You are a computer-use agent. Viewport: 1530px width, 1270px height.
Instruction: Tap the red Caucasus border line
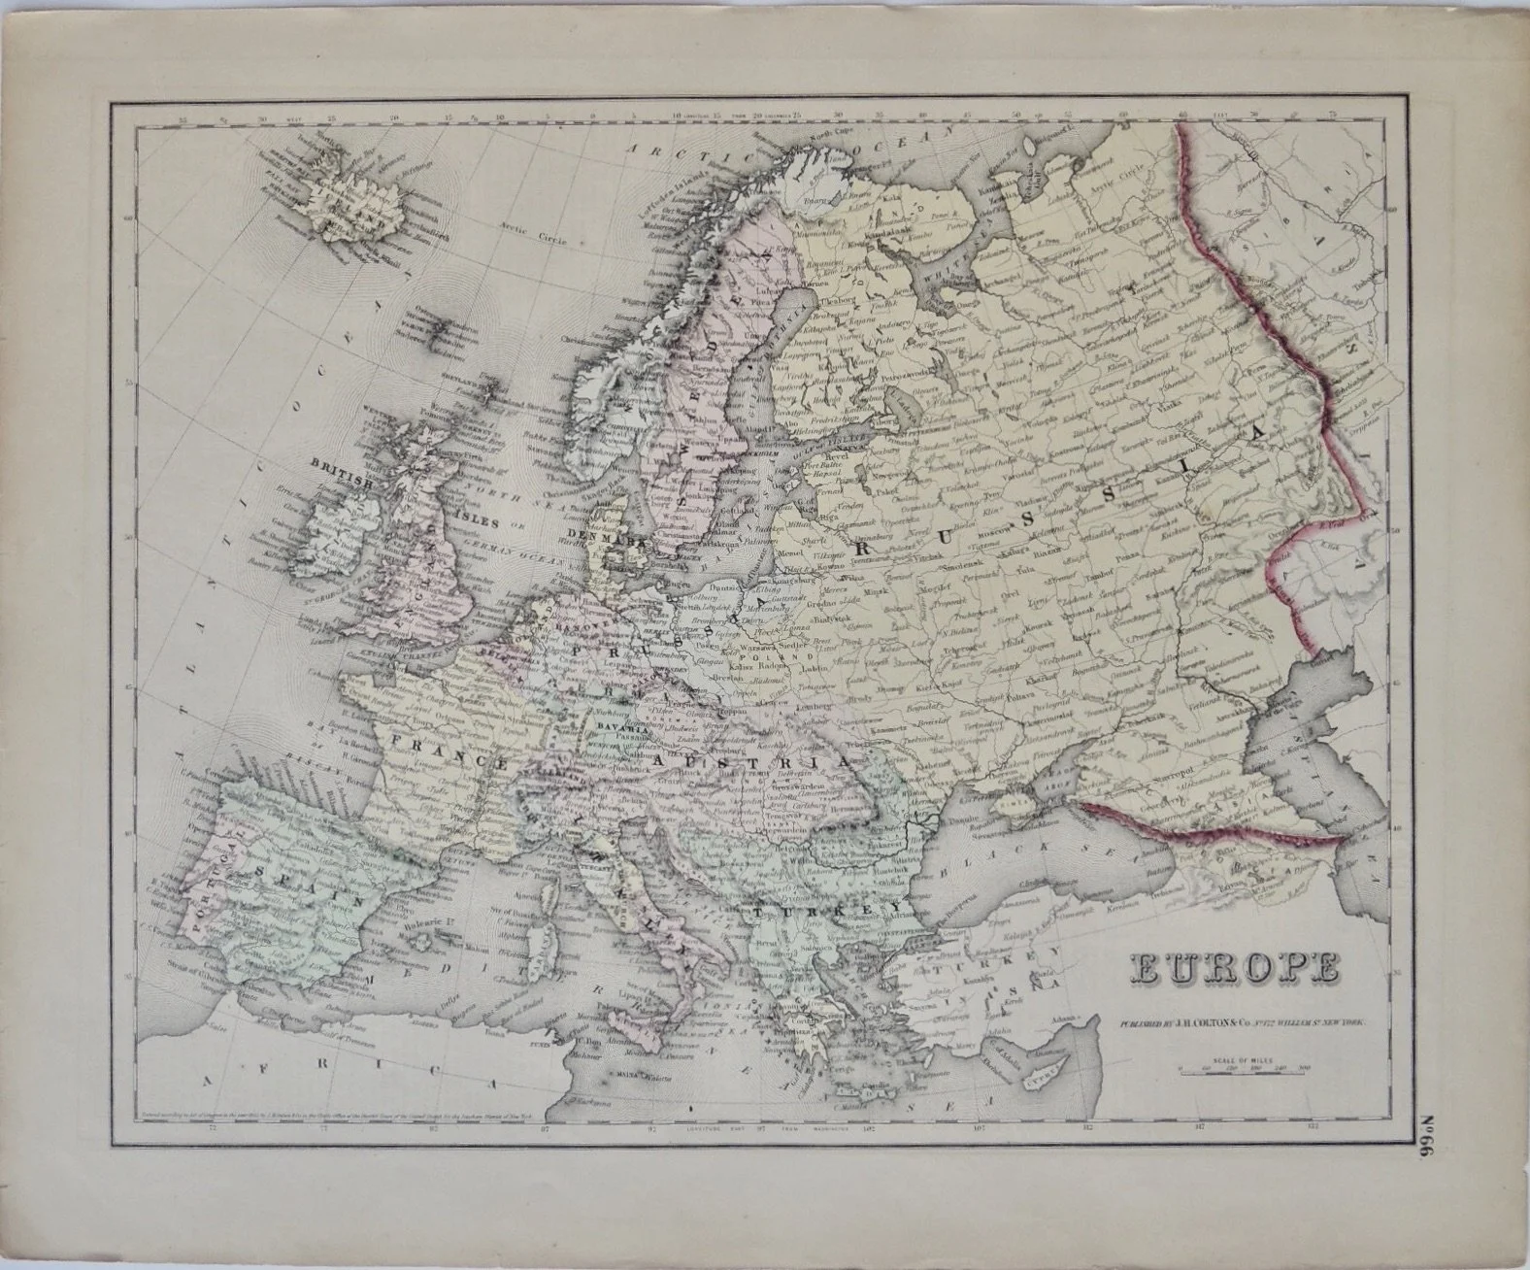1214,828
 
